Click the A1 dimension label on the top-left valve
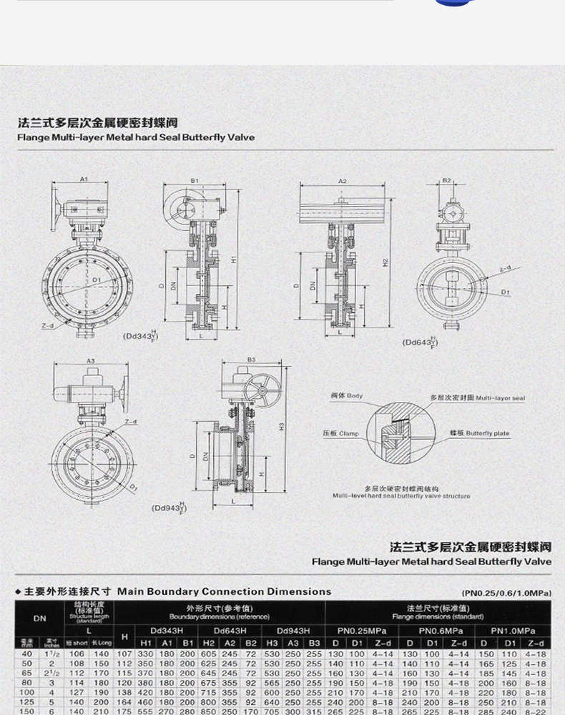(x=83, y=179)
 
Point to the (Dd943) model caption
(x=168, y=508)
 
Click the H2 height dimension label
(x=385, y=263)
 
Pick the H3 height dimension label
(x=282, y=426)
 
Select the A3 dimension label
(x=91, y=361)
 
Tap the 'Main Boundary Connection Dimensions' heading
(x=224, y=591)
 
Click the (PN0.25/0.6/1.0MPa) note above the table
(x=506, y=593)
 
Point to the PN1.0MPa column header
(x=514, y=631)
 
